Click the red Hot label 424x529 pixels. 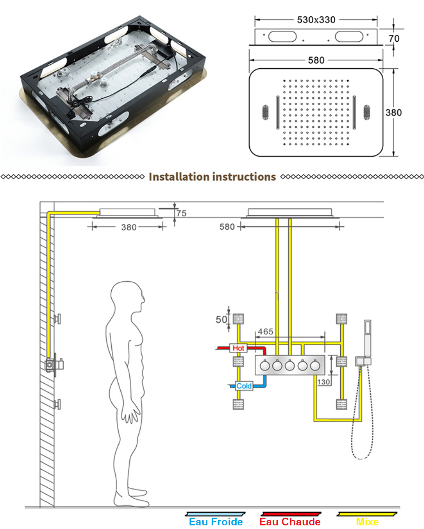[x=238, y=348]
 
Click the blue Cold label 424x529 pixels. [x=244, y=386]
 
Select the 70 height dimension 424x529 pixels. [x=394, y=38]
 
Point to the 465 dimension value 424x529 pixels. [x=265, y=332]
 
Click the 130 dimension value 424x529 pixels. [x=324, y=382]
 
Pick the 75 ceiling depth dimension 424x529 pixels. [x=181, y=213]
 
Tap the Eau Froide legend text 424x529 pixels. [x=215, y=522]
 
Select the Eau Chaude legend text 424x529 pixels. [x=290, y=522]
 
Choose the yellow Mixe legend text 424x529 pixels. [x=367, y=522]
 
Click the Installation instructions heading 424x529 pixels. [x=212, y=177]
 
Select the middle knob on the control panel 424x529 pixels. [x=290, y=365]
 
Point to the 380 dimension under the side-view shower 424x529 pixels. [x=129, y=227]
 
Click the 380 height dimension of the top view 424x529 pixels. [x=393, y=112]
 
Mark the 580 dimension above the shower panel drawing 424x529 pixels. [x=316, y=60]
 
